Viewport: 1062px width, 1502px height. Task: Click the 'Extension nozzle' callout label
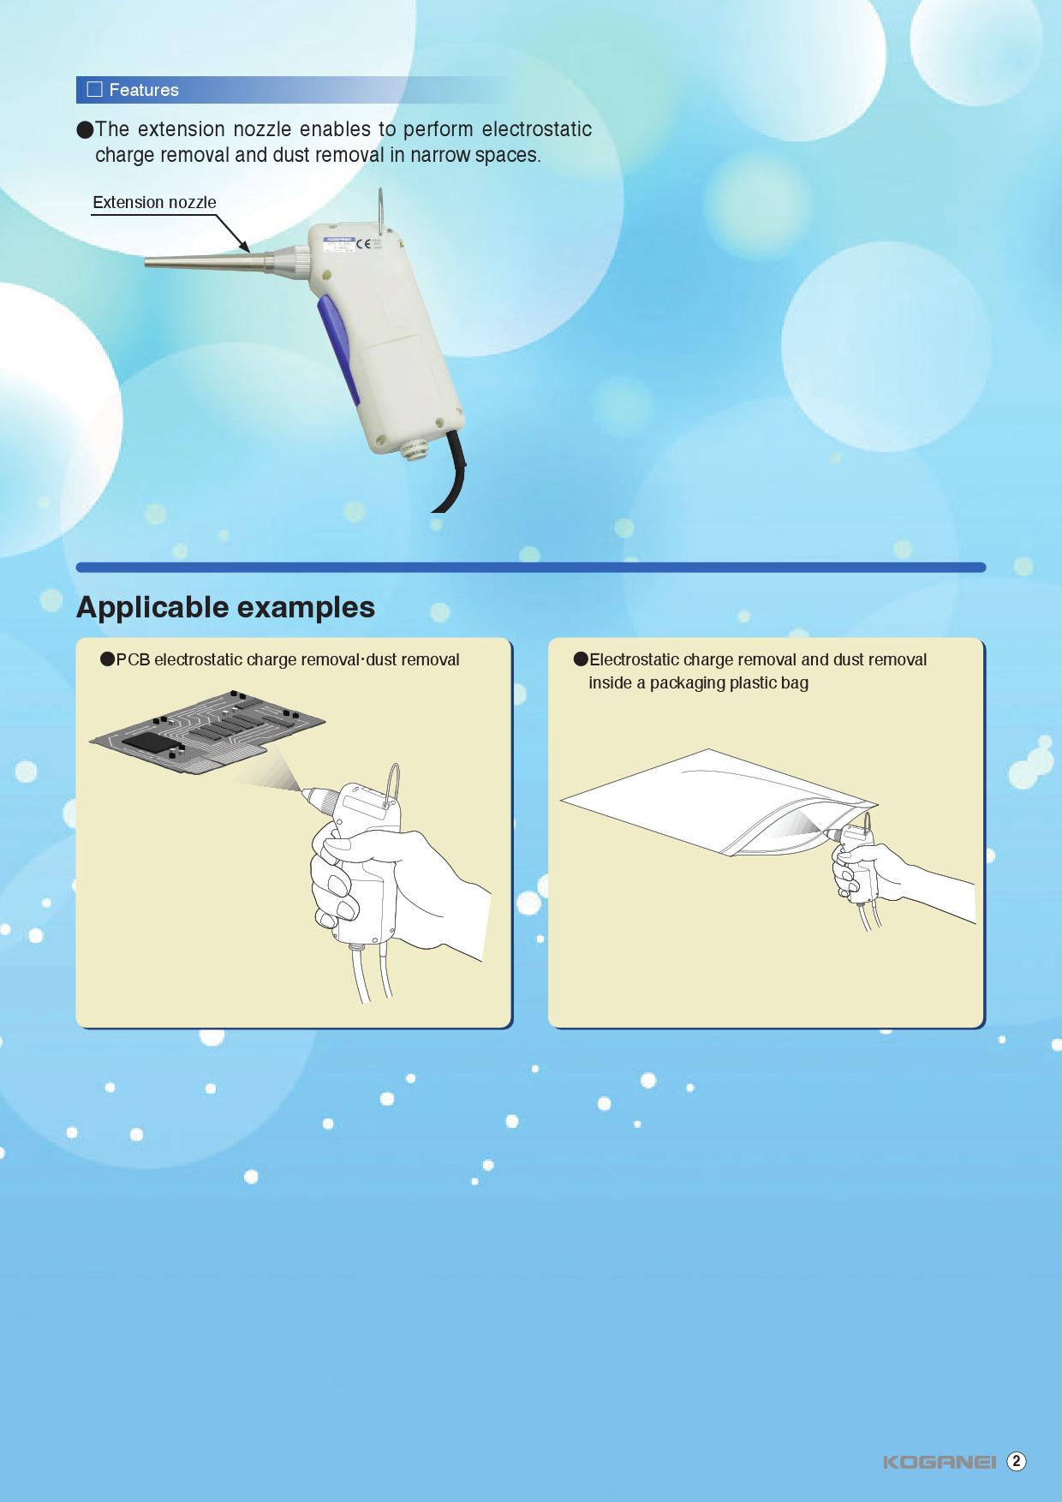point(154,203)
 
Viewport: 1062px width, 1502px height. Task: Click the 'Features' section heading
point(144,90)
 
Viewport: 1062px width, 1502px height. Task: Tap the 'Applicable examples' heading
point(225,607)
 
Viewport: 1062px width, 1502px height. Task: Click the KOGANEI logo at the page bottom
point(940,1462)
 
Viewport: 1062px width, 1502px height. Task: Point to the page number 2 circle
point(1017,1462)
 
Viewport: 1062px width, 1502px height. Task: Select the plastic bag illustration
point(719,802)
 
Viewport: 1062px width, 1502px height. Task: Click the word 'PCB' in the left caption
point(133,660)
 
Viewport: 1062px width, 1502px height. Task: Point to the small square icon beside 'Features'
point(95,90)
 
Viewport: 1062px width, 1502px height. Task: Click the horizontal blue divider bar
point(531,567)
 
